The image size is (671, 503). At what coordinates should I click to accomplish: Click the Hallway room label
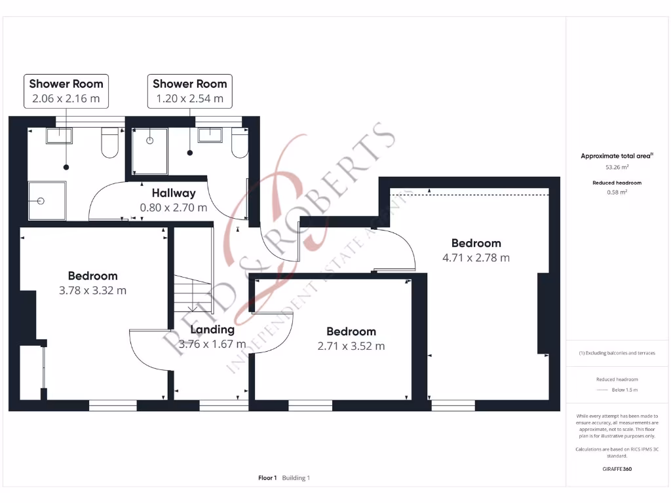point(174,193)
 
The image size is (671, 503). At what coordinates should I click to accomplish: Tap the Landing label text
point(212,329)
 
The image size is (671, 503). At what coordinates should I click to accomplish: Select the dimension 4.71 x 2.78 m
point(476,257)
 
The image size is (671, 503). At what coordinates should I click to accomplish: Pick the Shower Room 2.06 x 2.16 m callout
point(66,91)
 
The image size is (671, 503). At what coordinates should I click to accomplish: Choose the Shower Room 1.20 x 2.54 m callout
point(189,91)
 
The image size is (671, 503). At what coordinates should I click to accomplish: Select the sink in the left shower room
point(59,136)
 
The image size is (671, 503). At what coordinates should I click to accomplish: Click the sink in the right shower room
point(210,136)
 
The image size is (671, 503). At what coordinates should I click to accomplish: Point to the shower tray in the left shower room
point(47,201)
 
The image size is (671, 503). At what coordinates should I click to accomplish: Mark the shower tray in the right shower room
point(149,151)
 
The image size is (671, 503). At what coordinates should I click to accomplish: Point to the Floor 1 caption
point(267,478)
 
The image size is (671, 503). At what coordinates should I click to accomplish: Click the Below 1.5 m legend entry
point(624,390)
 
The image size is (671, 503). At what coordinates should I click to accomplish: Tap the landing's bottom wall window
point(223,405)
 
